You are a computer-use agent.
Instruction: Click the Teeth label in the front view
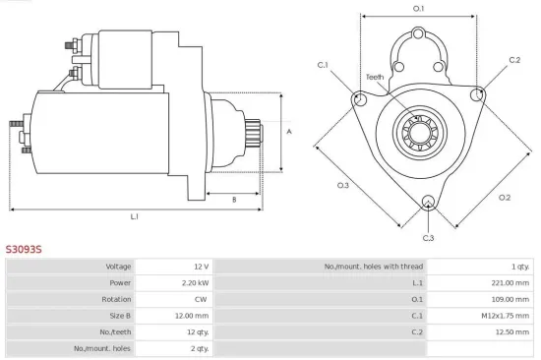pos(376,77)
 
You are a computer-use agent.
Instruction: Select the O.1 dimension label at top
pos(418,9)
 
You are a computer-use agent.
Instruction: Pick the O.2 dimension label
pos(505,198)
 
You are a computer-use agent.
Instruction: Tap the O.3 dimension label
pos(343,185)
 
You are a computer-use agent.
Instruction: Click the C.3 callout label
pos(428,238)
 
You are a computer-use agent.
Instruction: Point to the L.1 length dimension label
pos(134,215)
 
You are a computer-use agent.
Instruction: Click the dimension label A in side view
pos(288,131)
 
